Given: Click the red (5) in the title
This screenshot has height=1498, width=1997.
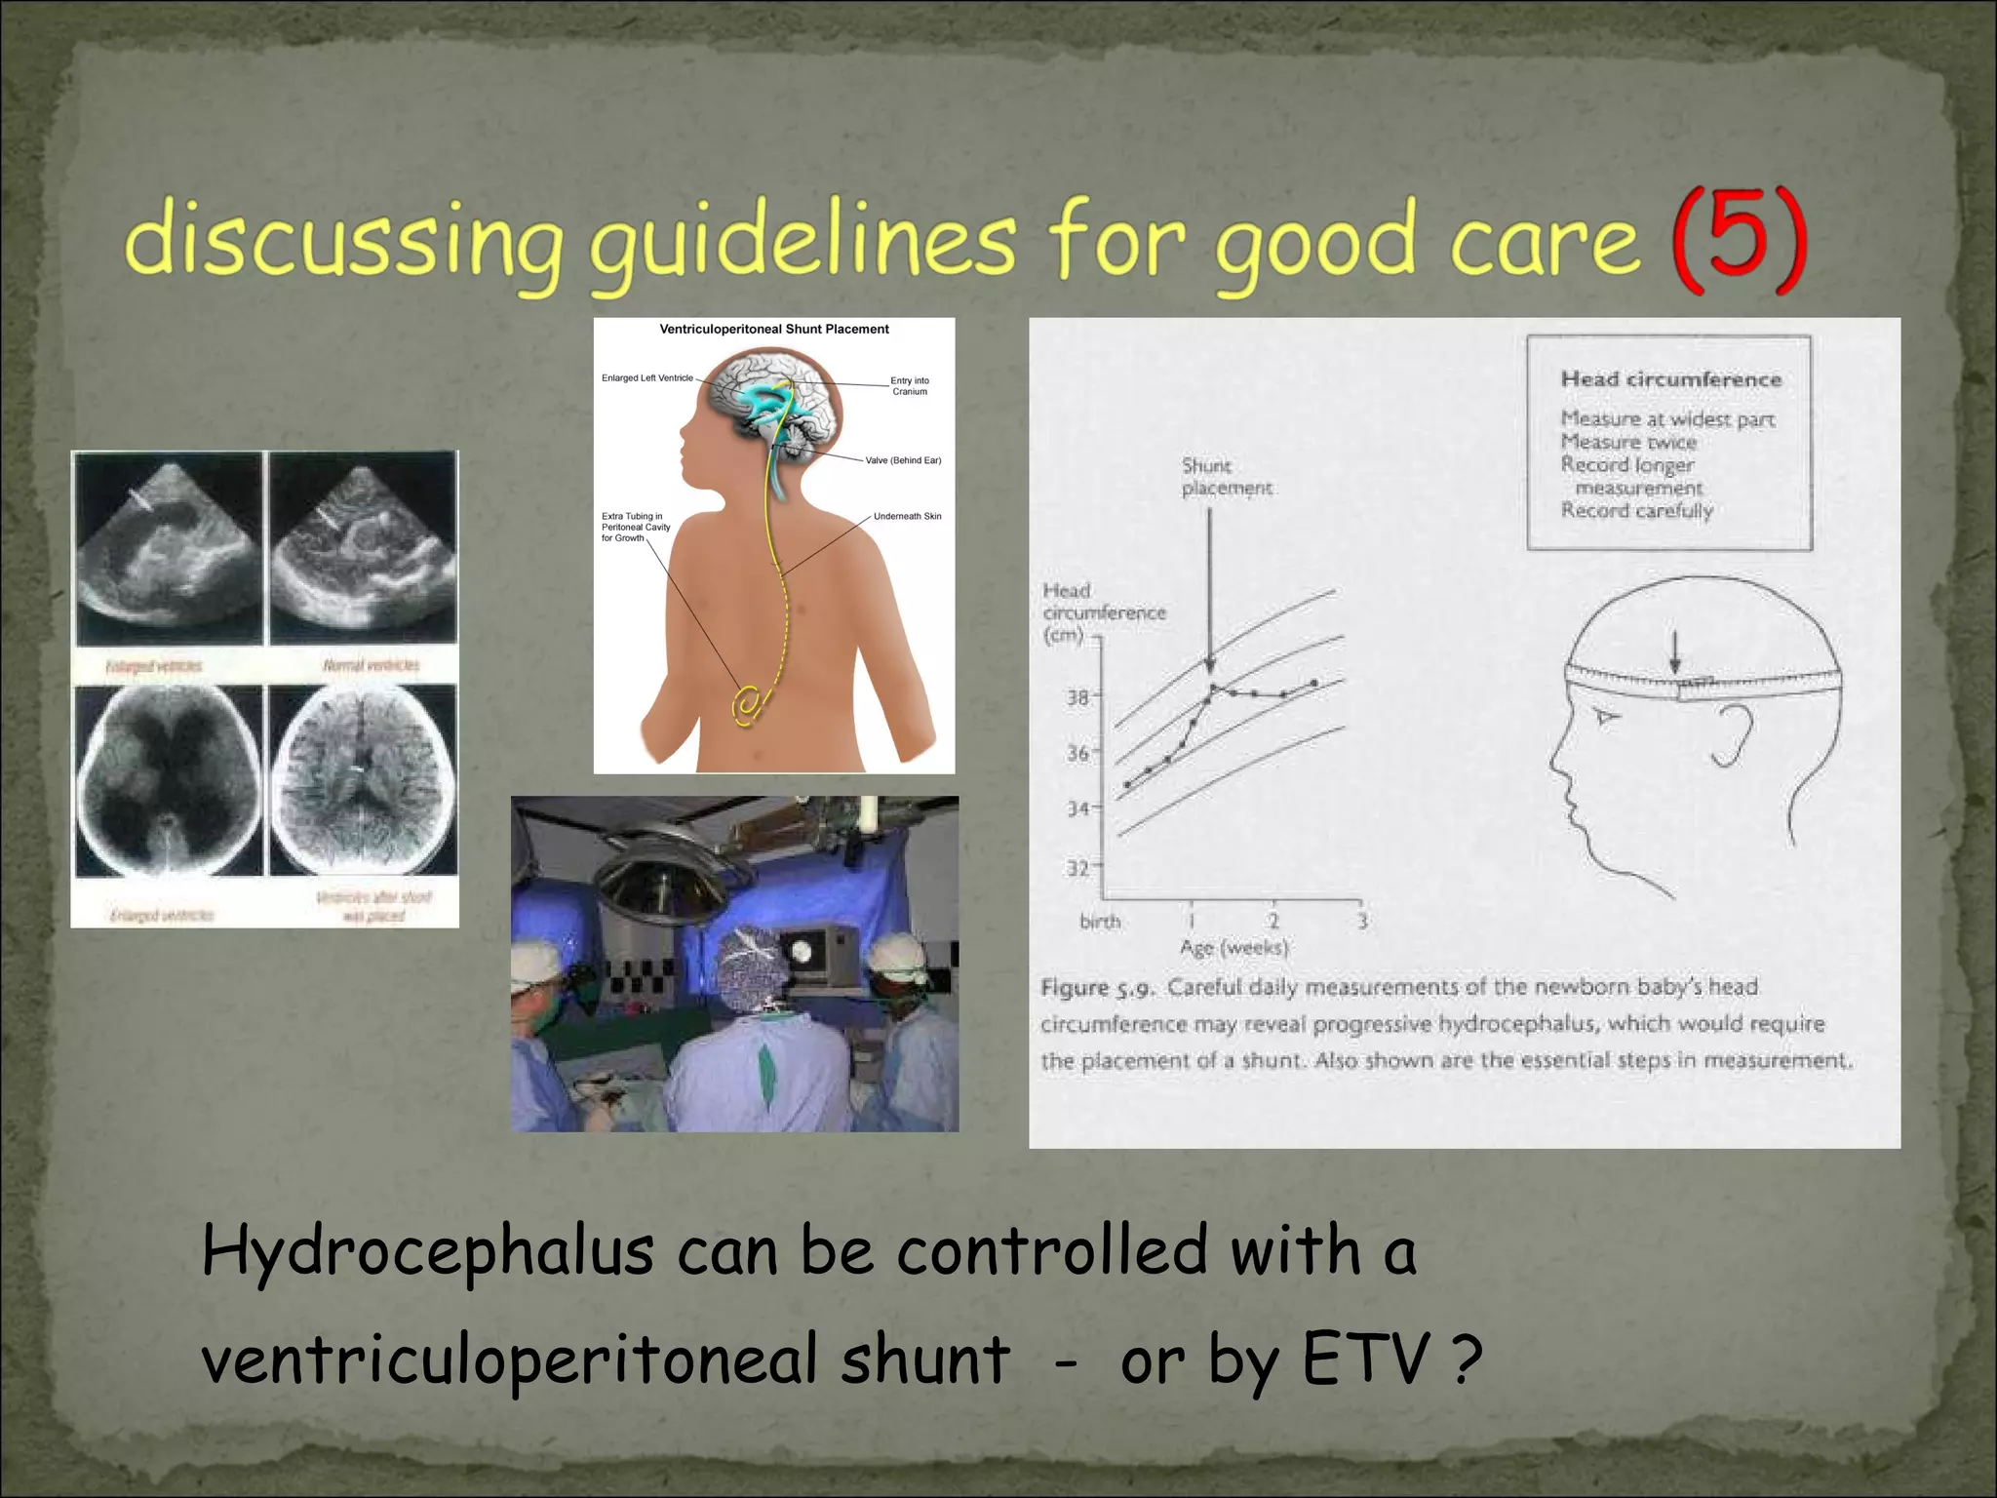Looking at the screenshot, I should coord(1739,239).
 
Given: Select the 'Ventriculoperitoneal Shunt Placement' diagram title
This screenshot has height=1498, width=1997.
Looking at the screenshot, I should coord(774,330).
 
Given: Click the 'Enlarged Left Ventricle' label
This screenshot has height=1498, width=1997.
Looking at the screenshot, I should coord(646,378).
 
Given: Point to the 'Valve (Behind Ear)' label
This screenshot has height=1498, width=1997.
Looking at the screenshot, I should coord(903,460).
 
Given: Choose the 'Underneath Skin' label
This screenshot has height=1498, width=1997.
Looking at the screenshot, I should coord(907,516).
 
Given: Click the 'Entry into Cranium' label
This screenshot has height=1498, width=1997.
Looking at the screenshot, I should coord(909,386).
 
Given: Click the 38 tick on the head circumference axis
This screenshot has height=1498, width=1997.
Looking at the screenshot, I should coord(1077,697).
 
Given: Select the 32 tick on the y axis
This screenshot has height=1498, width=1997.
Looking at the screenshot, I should coord(1077,867).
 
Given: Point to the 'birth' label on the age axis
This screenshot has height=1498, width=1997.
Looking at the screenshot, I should coord(1100,922).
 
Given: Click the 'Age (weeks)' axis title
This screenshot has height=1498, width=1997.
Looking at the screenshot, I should coord(1233,947).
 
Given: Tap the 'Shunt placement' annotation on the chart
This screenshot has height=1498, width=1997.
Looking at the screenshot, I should coord(1226,477).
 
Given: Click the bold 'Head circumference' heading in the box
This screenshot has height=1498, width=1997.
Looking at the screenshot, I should coord(1670,379).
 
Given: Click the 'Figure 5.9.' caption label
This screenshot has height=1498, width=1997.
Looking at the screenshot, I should coord(1097,988).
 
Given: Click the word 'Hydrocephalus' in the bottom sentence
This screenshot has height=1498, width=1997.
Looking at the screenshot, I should coord(427,1253).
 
